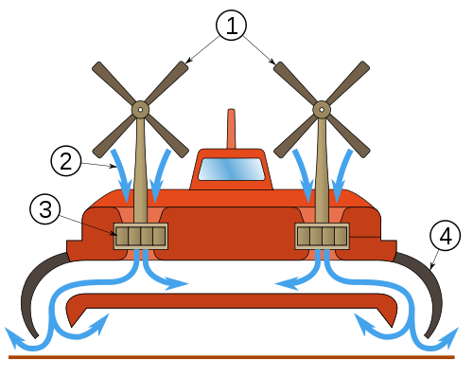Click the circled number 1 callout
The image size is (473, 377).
231,26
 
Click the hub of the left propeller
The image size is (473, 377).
140,109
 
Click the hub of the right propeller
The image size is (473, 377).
322,109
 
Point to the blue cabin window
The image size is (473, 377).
231,170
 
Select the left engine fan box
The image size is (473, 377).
141,235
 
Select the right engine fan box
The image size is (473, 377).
323,235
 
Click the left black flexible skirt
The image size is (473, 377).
28,294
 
